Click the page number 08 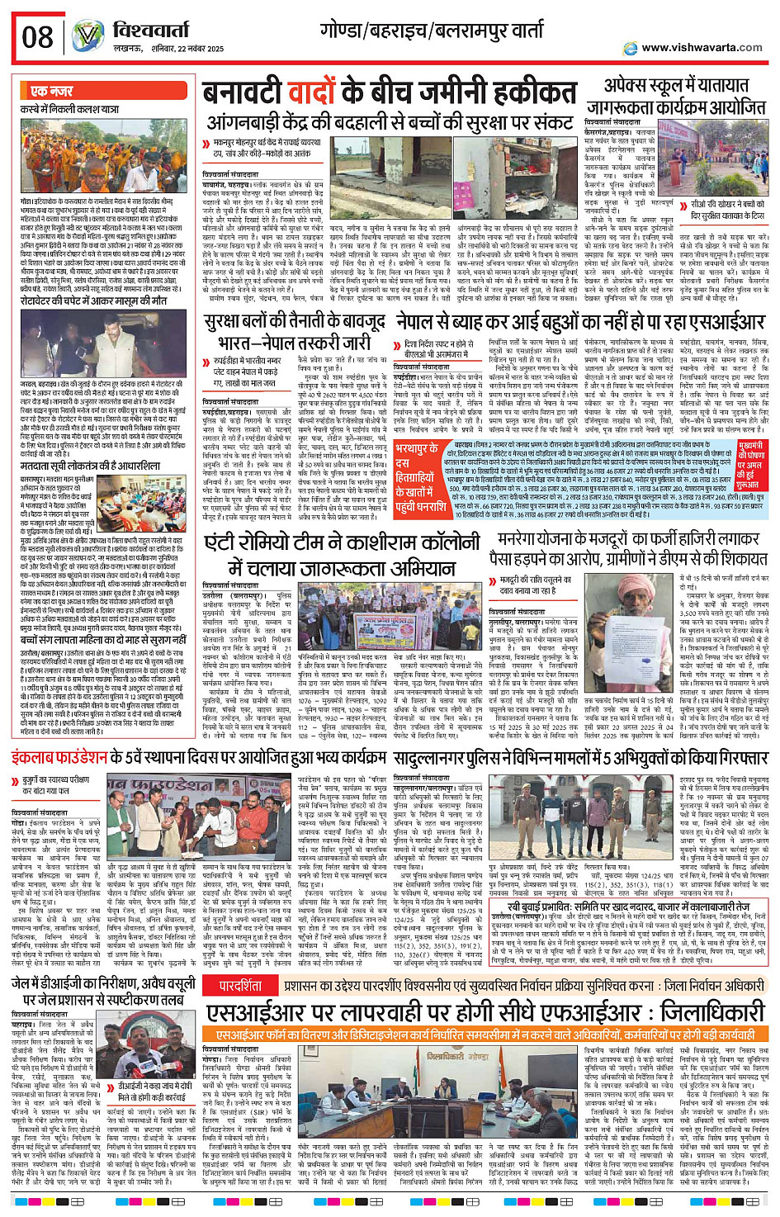click(38, 37)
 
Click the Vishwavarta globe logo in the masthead click(87, 37)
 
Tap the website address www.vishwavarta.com click(702, 47)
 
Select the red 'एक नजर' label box click(51, 91)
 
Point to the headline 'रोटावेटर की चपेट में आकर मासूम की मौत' click(94, 301)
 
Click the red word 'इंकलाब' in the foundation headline click(37, 756)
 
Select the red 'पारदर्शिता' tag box click(241, 986)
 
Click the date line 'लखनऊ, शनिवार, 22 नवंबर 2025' click(168, 49)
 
